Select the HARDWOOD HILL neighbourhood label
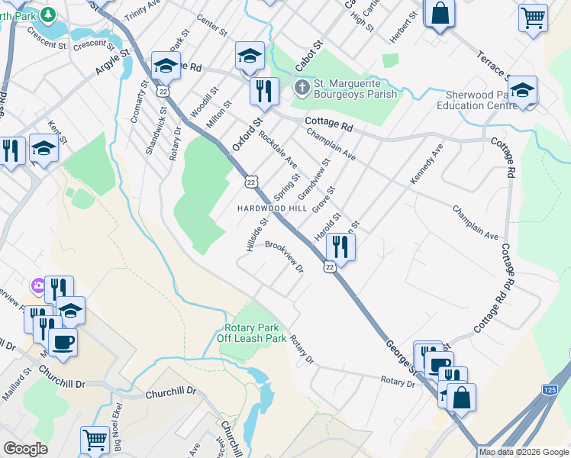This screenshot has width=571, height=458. click(271, 208)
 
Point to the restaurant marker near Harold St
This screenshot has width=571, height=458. click(340, 247)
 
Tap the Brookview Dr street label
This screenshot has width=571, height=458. click(284, 256)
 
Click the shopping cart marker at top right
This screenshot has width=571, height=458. click(533, 17)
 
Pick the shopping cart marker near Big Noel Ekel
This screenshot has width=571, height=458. click(95, 439)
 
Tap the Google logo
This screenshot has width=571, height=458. click(25, 449)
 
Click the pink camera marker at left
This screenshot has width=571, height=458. click(37, 285)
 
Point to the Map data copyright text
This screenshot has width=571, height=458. click(524, 452)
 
